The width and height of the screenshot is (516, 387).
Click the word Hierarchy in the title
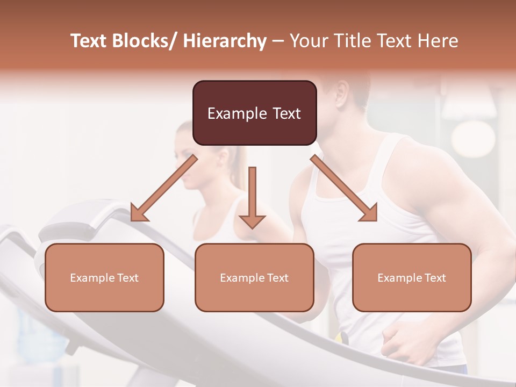point(225,41)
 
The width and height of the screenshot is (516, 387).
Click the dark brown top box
point(254,113)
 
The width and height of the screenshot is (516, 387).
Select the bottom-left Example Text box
point(104,277)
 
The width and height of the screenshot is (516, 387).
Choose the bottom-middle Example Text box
point(254,277)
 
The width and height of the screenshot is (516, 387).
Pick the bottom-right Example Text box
point(412,277)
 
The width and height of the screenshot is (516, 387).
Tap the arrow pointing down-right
point(344,188)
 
